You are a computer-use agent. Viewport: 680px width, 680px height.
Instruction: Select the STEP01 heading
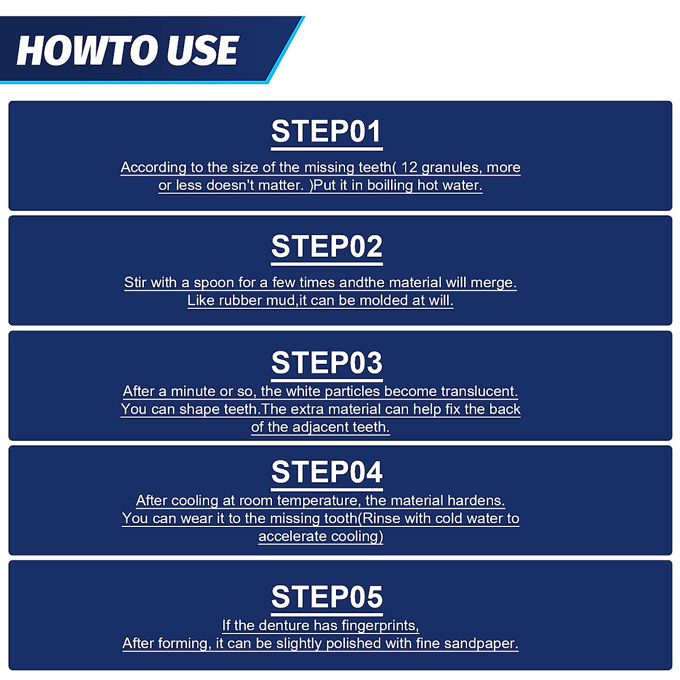[327, 131]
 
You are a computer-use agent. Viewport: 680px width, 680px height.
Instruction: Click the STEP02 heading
[327, 246]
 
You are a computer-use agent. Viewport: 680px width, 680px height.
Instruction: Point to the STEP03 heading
[327, 363]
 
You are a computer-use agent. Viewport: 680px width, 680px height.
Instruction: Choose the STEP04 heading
[327, 472]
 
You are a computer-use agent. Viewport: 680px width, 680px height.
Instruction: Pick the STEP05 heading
[327, 597]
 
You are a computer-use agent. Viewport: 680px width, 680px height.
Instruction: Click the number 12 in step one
[409, 167]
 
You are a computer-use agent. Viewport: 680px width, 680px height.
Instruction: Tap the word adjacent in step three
[317, 427]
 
